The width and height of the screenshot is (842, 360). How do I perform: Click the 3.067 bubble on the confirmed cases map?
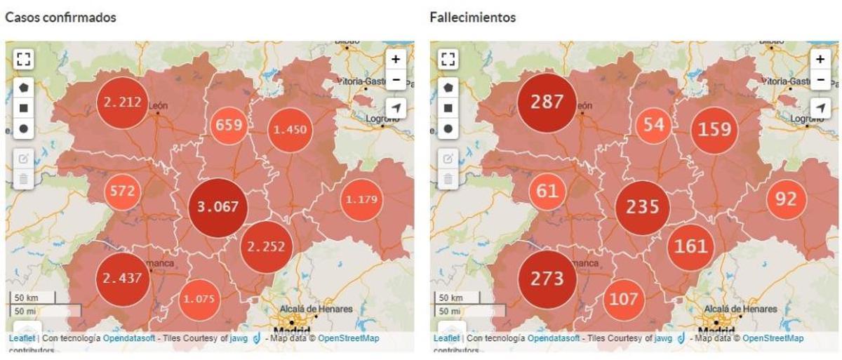point(218,207)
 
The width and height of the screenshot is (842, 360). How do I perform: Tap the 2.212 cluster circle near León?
point(123,102)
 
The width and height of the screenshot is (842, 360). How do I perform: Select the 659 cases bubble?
point(229,126)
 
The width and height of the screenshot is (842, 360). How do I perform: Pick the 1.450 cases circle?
point(290,130)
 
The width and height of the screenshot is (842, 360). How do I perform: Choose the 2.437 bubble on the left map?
point(123,278)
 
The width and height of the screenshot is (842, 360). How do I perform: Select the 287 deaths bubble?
point(547,102)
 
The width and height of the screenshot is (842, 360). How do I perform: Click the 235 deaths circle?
point(643,207)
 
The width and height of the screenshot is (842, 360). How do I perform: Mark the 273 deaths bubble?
point(547,279)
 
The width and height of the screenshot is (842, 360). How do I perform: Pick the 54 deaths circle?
point(654,126)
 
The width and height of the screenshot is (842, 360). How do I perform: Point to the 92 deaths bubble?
point(787,200)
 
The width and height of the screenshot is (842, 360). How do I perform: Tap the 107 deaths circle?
point(623,299)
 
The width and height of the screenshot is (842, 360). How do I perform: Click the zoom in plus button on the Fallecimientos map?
point(820,59)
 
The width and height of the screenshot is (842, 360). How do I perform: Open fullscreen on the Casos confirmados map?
point(23,60)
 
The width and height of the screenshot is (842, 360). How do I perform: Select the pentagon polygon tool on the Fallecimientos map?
point(448,88)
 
